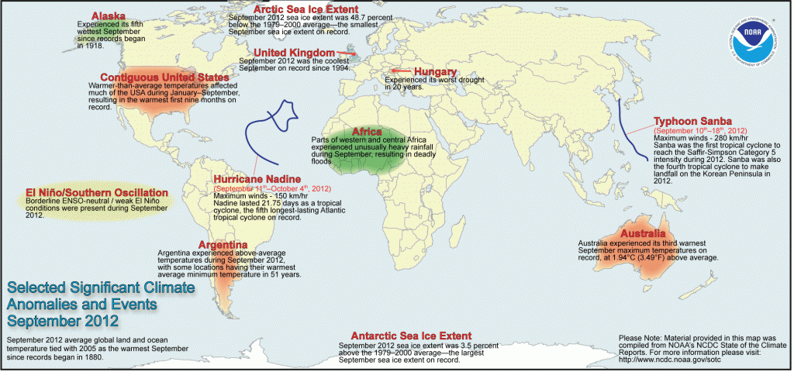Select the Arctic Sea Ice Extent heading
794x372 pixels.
[296, 9]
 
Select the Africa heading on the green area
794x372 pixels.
[368, 131]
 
